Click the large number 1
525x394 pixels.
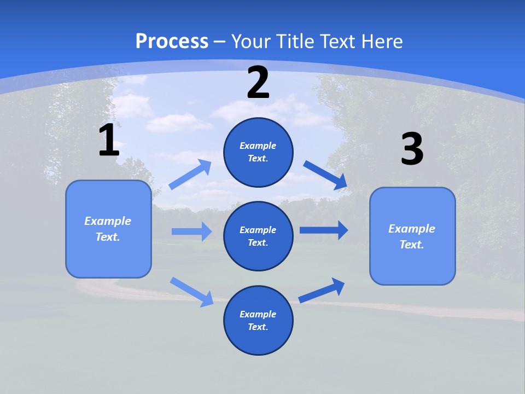(109, 140)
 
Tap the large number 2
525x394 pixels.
(258, 82)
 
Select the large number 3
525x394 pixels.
(412, 149)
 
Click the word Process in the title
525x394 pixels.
(172, 41)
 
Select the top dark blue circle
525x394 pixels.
(258, 152)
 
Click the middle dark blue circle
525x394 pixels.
(258, 236)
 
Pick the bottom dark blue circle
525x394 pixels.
(258, 320)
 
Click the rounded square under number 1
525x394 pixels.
(108, 229)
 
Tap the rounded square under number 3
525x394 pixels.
(412, 236)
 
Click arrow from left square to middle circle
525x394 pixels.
(191, 231)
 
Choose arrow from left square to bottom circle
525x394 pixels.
(192, 292)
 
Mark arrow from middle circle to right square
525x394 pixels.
(324, 230)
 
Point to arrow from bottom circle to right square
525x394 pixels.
(322, 290)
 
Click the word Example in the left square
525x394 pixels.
(108, 221)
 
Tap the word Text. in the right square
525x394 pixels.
(412, 245)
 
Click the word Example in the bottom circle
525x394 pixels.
(258, 314)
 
